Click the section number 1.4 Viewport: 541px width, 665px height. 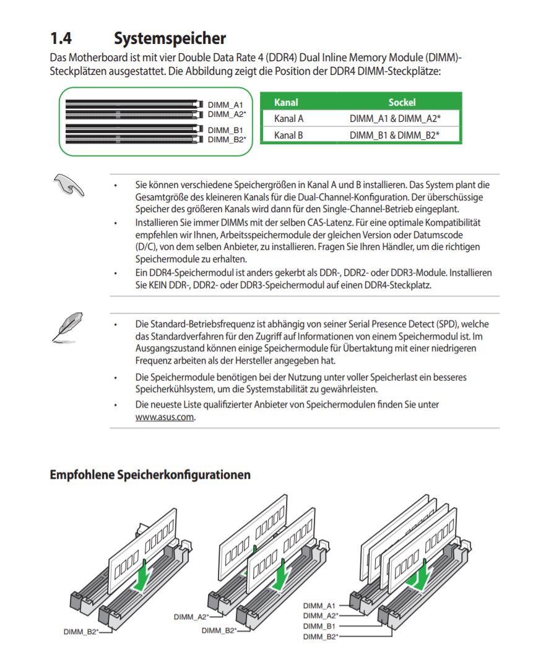tap(61, 38)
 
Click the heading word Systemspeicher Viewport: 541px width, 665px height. tap(170, 38)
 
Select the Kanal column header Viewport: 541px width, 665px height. tap(286, 102)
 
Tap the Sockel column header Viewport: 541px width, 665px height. tap(402, 102)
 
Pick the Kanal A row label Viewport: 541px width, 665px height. tap(288, 118)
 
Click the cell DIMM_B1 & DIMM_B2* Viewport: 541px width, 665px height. tap(395, 135)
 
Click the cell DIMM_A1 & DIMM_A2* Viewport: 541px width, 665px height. tap(395, 118)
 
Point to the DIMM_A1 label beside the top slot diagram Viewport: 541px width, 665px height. tap(225, 106)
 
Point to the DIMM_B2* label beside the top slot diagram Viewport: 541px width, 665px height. tap(227, 139)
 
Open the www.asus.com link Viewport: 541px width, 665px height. tap(165, 417)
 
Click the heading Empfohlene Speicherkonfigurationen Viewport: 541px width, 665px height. tap(150, 475)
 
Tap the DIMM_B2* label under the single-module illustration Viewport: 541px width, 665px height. tap(81, 632)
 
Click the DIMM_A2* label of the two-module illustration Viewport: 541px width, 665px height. tap(191, 617)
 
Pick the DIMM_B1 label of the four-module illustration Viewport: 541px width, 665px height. tap(319, 626)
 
